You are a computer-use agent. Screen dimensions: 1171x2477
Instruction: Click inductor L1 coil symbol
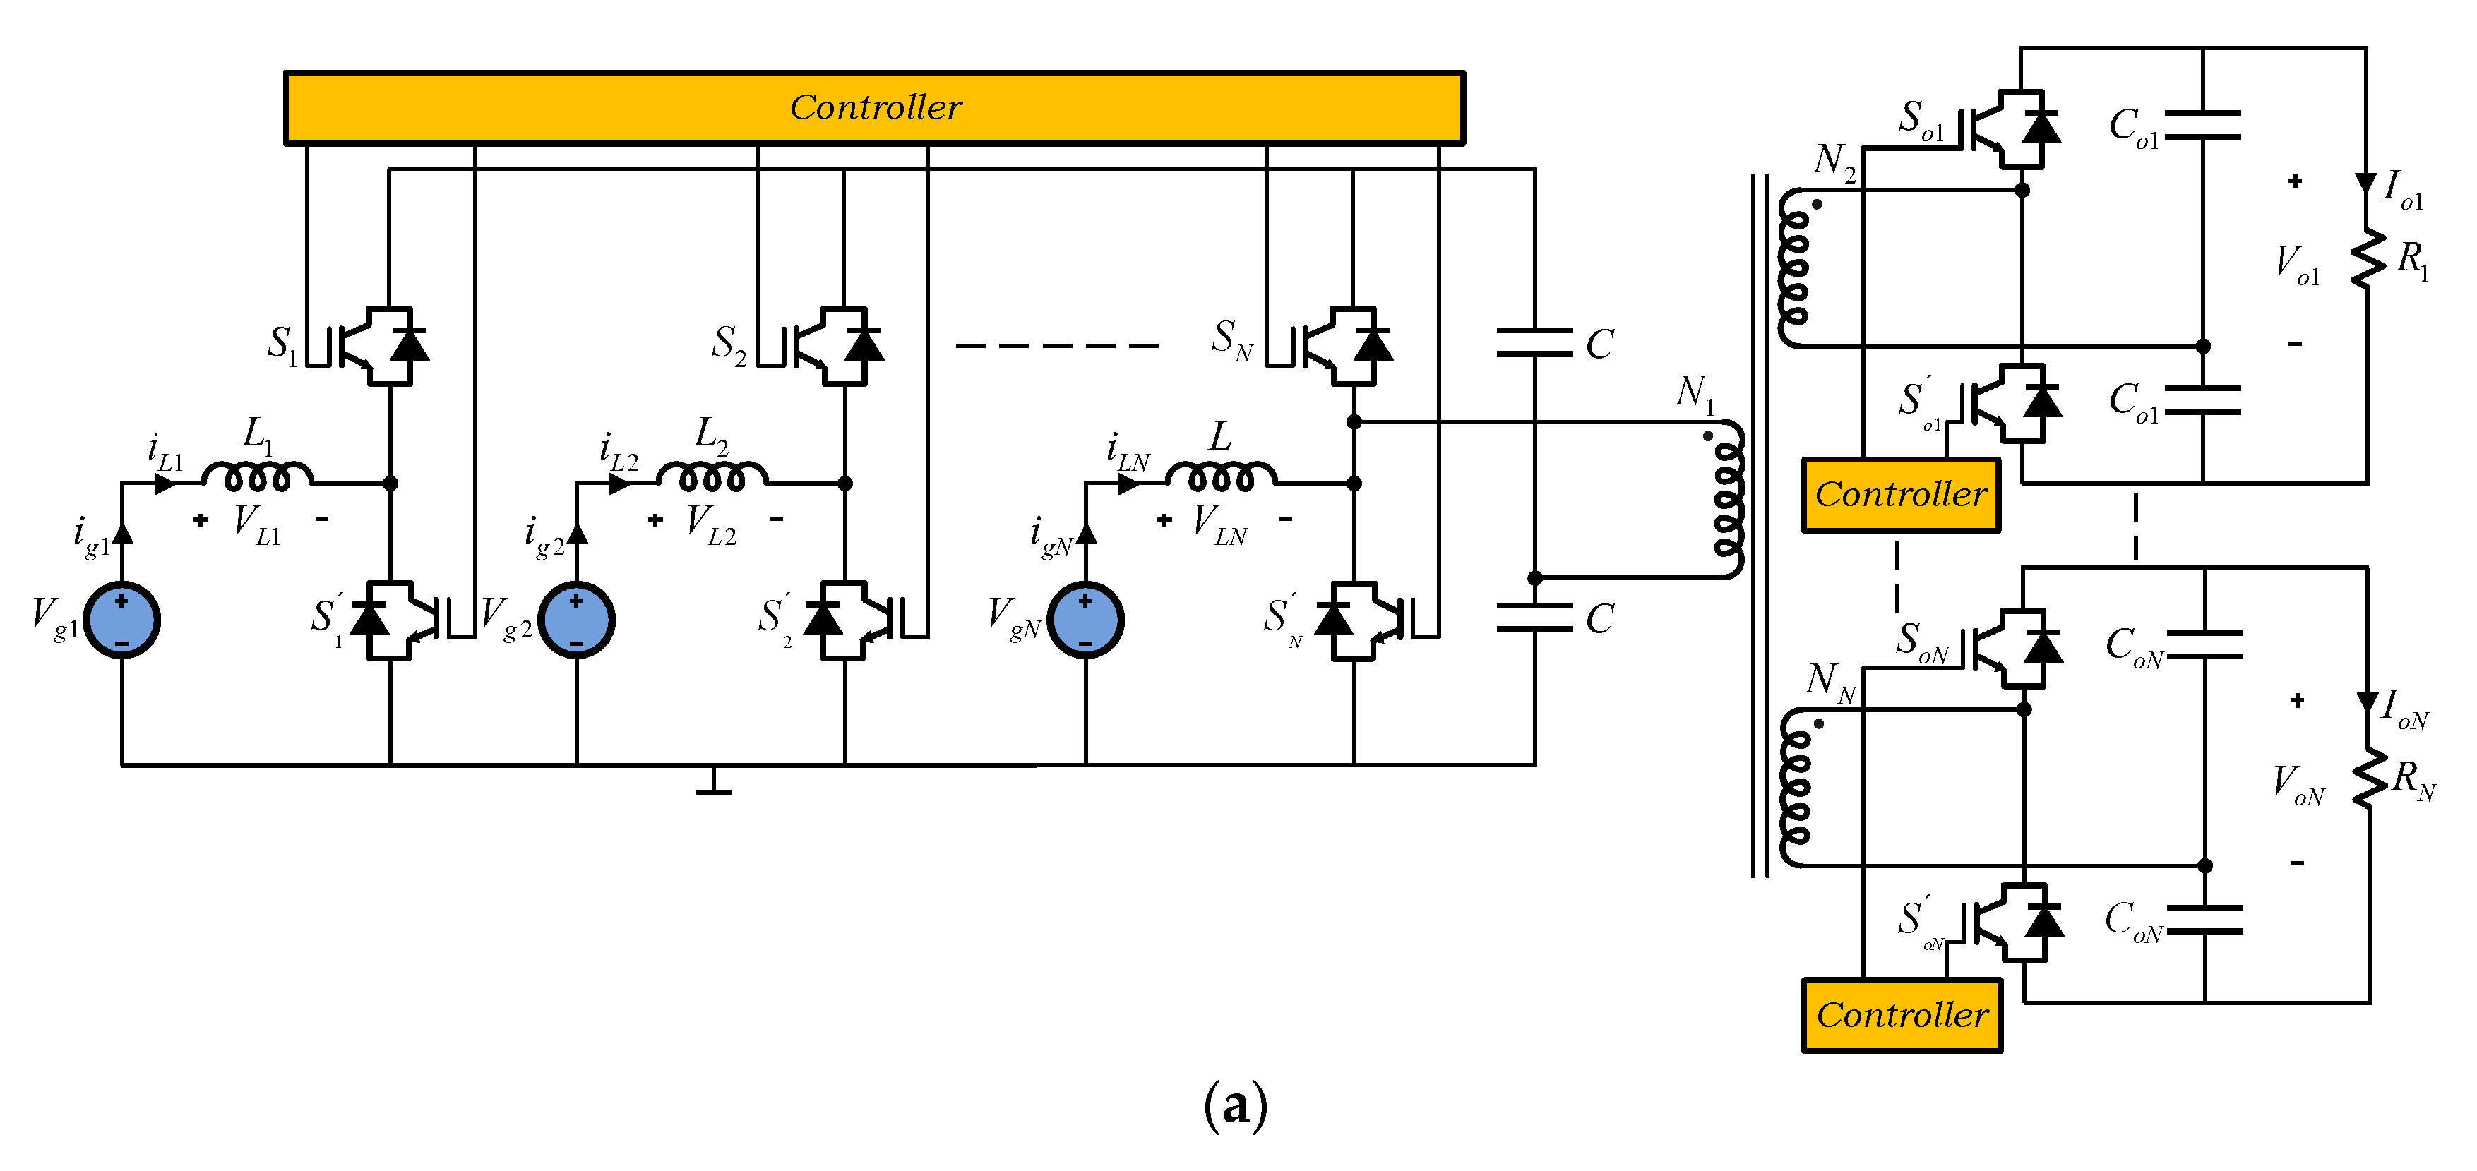[x=257, y=476]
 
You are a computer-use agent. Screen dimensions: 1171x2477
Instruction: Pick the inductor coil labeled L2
[x=712, y=476]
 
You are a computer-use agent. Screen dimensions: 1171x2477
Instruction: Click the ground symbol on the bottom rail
[x=712, y=783]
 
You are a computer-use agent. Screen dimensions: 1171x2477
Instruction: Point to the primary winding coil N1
[x=1728, y=500]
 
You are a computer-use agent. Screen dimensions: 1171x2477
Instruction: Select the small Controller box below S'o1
[x=1900, y=495]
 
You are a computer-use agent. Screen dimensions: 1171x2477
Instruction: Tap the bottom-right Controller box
[x=1901, y=1015]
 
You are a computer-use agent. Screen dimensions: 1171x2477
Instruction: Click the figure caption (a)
[x=1235, y=1105]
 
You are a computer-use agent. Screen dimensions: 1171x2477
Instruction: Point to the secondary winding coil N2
[x=1793, y=268]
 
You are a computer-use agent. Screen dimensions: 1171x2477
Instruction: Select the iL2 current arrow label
[x=619, y=452]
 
